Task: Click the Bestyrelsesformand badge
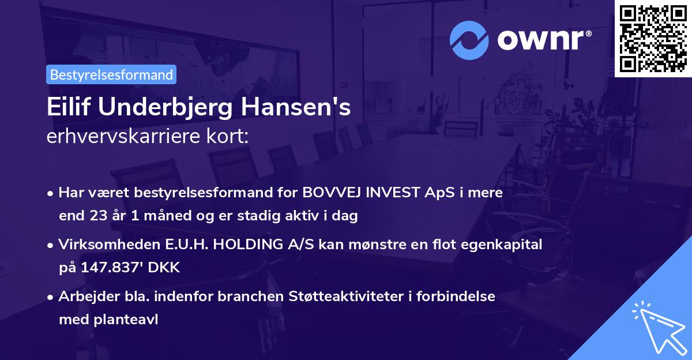tap(111, 74)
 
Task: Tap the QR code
tap(653, 38)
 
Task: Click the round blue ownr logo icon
tap(469, 40)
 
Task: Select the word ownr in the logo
tap(542, 40)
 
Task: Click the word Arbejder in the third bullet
tap(83, 297)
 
